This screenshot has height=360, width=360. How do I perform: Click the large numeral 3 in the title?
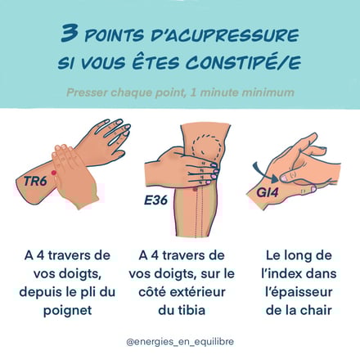tap(70, 33)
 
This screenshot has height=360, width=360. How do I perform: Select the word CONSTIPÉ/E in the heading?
tap(244, 61)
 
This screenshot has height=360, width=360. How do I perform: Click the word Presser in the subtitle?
tap(87, 92)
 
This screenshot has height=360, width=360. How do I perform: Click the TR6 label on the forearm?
tap(35, 181)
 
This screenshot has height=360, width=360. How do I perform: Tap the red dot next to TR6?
tap(54, 173)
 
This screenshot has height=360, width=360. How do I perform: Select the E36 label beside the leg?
tap(155, 200)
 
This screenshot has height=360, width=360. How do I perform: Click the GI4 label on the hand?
tap(268, 192)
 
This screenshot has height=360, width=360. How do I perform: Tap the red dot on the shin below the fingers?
tap(195, 189)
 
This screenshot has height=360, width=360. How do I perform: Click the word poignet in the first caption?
tap(68, 310)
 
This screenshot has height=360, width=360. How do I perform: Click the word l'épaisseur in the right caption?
tap(299, 292)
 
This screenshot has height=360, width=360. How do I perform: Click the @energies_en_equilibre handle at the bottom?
tap(180, 341)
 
